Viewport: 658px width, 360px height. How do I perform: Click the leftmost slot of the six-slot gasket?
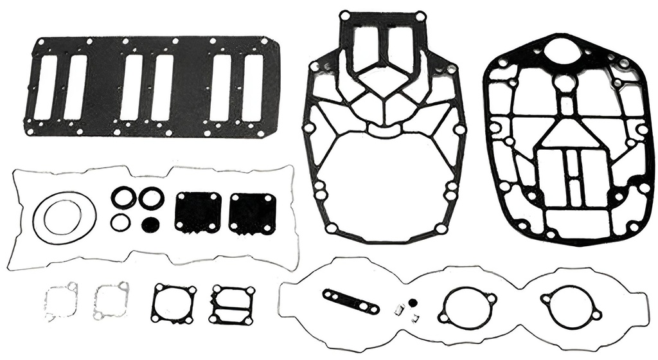click(46, 87)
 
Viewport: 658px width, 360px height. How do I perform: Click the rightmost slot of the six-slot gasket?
click(253, 87)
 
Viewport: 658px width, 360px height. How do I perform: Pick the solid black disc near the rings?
click(150, 224)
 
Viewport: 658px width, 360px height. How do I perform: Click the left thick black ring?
click(123, 198)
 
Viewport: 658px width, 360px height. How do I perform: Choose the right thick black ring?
click(152, 198)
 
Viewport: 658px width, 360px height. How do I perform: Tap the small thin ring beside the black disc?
click(120, 222)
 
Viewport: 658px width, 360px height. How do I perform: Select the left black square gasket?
click(198, 212)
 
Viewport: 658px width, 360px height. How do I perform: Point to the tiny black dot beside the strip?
click(413, 302)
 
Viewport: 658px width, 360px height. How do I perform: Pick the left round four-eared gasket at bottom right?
click(467, 304)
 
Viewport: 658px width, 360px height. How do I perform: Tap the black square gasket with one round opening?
click(173, 303)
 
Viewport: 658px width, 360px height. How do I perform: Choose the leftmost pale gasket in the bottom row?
click(61, 300)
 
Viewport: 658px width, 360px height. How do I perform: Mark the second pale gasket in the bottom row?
click(111, 300)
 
